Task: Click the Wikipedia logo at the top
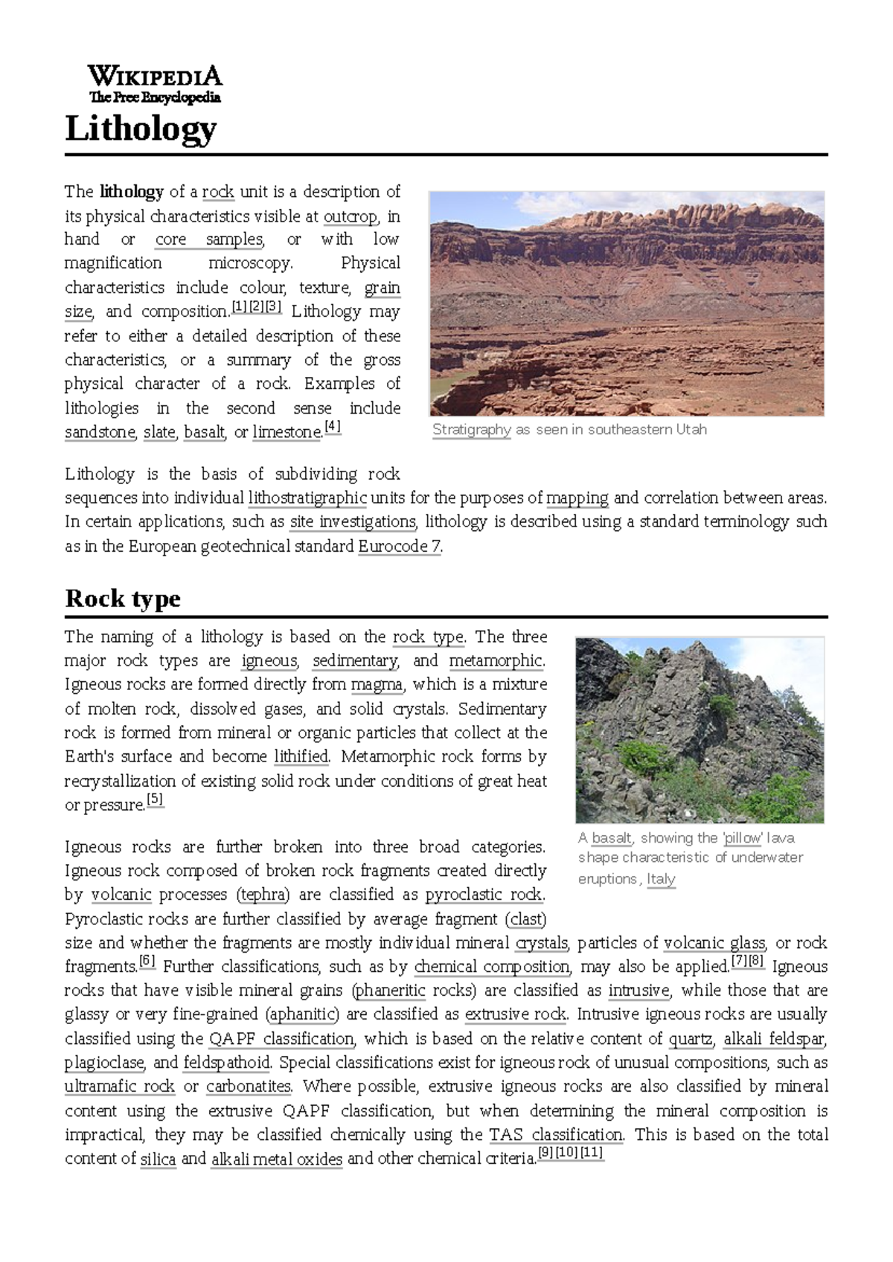pyautogui.click(x=155, y=83)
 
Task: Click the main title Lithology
pyautogui.click(x=141, y=129)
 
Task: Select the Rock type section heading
pyautogui.click(x=123, y=599)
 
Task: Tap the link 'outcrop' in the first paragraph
pyautogui.click(x=351, y=216)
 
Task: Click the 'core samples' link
pyautogui.click(x=209, y=239)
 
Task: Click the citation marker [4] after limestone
pyautogui.click(x=332, y=428)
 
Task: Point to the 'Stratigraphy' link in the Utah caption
pyautogui.click(x=471, y=430)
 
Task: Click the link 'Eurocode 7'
pyautogui.click(x=400, y=547)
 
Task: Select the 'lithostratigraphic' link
pyautogui.click(x=307, y=498)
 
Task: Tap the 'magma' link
pyautogui.click(x=377, y=684)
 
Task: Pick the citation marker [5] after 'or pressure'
pyautogui.click(x=155, y=800)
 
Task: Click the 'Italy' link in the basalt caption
pyautogui.click(x=661, y=879)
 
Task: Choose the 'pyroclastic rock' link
pyautogui.click(x=484, y=895)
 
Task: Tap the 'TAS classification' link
pyautogui.click(x=555, y=1135)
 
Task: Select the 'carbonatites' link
pyautogui.click(x=249, y=1086)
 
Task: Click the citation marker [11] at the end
pyautogui.click(x=592, y=1153)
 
